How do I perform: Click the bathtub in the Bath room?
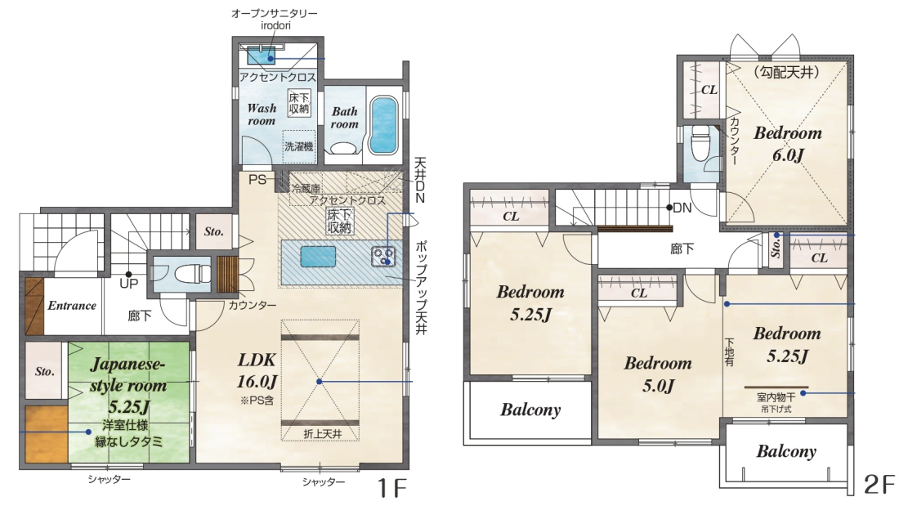383,126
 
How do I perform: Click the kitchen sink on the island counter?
318,257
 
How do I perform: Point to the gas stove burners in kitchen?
383,257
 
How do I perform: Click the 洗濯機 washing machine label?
299,146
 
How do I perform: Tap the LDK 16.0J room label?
257,370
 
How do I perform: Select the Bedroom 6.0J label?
788,143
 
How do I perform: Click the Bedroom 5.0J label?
658,374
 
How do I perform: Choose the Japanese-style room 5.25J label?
127,385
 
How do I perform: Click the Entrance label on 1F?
72,305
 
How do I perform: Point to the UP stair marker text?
128,284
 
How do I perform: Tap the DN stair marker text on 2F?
682,208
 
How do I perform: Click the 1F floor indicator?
391,488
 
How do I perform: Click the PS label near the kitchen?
257,180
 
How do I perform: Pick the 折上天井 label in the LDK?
322,434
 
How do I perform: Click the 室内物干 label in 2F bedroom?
776,396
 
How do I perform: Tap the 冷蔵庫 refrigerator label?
306,188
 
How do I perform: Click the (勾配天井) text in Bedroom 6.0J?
787,72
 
